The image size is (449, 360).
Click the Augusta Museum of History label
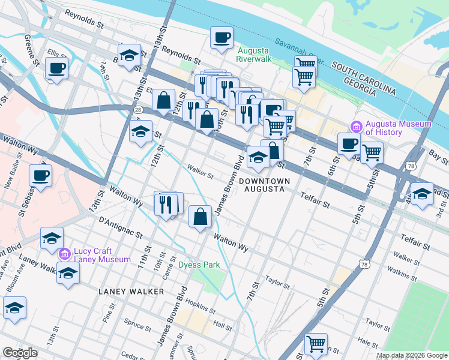pyautogui.click(x=399, y=128)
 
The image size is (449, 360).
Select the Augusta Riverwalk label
pyautogui.click(x=254, y=55)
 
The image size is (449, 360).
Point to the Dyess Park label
pyautogui.click(x=199, y=265)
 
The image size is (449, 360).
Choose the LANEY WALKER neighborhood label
pyautogui.click(x=131, y=291)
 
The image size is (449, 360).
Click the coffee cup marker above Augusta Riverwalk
pyautogui.click(x=221, y=38)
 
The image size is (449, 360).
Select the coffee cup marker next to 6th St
pyautogui.click(x=348, y=144)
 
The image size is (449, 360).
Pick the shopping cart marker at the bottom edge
pyautogui.click(x=316, y=344)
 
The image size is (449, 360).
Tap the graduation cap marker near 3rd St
pyautogui.click(x=422, y=194)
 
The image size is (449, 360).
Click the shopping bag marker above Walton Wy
pyautogui.click(x=200, y=217)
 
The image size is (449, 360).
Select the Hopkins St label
pyautogui.click(x=200, y=306)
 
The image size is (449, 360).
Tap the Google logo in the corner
pyautogui.click(x=20, y=353)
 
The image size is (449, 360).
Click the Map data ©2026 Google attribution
pyautogui.click(x=412, y=355)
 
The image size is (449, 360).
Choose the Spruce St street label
pyautogui.click(x=138, y=326)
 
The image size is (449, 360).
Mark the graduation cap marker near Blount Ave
pyautogui.click(x=14, y=308)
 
